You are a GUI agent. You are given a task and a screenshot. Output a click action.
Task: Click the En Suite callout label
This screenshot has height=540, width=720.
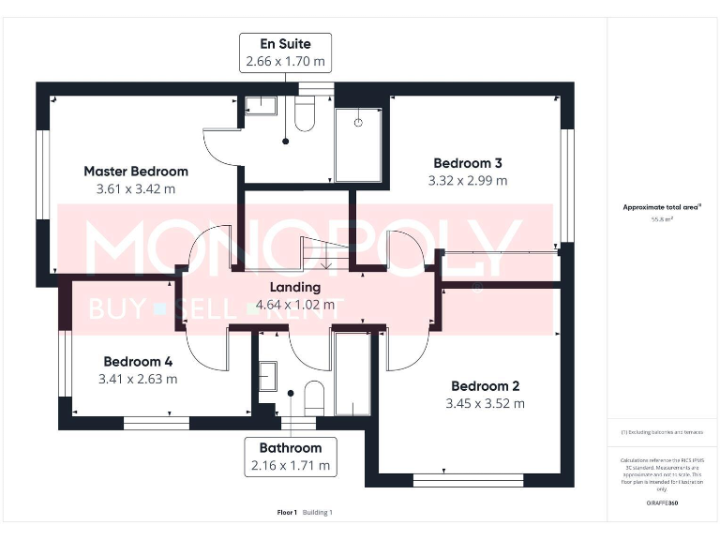pyautogui.click(x=285, y=52)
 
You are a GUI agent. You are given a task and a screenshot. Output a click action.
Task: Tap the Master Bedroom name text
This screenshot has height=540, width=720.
pyautogui.click(x=136, y=172)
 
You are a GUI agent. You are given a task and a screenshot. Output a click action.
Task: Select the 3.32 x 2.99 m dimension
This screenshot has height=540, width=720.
pyautogui.click(x=467, y=181)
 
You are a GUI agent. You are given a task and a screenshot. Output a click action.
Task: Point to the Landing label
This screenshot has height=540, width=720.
pyautogui.click(x=294, y=288)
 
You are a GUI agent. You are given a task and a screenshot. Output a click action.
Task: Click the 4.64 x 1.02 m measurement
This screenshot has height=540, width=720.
pyautogui.click(x=294, y=305)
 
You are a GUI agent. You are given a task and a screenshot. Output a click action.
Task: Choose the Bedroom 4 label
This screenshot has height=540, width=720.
pyautogui.click(x=138, y=362)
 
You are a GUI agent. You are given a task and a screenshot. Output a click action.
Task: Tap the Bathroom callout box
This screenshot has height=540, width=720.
pyautogui.click(x=290, y=457)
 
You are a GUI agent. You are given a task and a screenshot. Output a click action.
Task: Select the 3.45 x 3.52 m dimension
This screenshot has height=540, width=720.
pyautogui.click(x=485, y=404)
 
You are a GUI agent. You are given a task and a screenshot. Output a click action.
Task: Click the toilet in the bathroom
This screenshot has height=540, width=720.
pyautogui.click(x=314, y=397)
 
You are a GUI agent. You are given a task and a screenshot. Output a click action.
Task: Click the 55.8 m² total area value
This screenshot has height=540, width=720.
pyautogui.click(x=663, y=217)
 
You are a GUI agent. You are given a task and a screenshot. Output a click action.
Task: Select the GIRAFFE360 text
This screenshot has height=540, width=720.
pyautogui.click(x=662, y=502)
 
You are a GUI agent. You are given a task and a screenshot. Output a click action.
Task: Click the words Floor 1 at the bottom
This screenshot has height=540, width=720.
pyautogui.click(x=287, y=513)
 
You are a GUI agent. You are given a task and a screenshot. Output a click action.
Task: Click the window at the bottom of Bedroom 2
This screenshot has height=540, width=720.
pyautogui.click(x=468, y=480)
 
